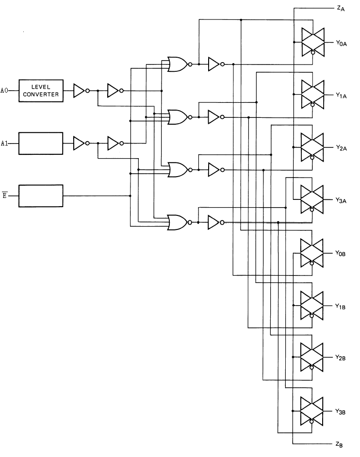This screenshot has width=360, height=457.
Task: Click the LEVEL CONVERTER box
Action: [x=41, y=91]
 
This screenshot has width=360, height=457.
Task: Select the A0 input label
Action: [x=5, y=91]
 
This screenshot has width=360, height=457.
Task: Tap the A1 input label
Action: [x=5, y=143]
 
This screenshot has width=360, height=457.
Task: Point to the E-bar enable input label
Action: [x=4, y=196]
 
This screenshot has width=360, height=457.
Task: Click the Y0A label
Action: [x=341, y=44]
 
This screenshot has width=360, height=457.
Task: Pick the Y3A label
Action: [x=341, y=200]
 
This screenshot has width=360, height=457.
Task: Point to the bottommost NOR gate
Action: [x=177, y=223]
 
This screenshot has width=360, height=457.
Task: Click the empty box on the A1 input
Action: [x=41, y=143]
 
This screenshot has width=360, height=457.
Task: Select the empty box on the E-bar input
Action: [x=41, y=196]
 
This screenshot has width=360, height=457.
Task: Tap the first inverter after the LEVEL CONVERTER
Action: [x=80, y=91]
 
